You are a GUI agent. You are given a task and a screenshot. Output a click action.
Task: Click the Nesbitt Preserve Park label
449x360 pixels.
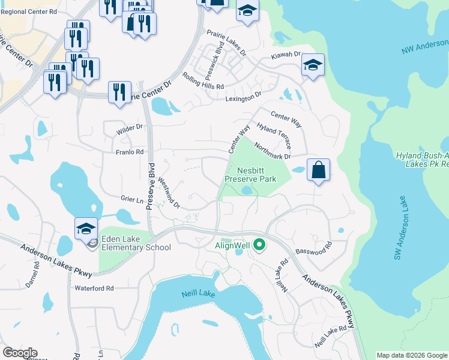[x=250, y=174]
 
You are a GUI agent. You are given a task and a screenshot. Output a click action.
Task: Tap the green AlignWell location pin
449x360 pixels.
[x=259, y=245]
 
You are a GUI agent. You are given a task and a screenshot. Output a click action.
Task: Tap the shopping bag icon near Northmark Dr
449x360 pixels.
[x=318, y=170]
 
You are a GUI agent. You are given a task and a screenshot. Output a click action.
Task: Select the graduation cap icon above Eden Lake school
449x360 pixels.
[x=86, y=228]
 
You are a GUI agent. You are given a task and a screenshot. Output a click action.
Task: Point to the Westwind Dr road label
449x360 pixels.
[x=169, y=193]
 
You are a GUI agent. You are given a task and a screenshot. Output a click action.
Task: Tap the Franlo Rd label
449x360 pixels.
[x=130, y=152]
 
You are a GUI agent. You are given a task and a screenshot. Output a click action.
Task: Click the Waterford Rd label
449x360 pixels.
[x=94, y=289]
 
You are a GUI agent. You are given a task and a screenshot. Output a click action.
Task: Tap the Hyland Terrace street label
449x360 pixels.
[x=274, y=134]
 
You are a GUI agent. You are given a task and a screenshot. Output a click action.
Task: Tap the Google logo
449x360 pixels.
[x=20, y=353]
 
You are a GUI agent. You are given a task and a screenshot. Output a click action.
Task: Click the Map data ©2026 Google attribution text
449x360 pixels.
[x=412, y=355]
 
